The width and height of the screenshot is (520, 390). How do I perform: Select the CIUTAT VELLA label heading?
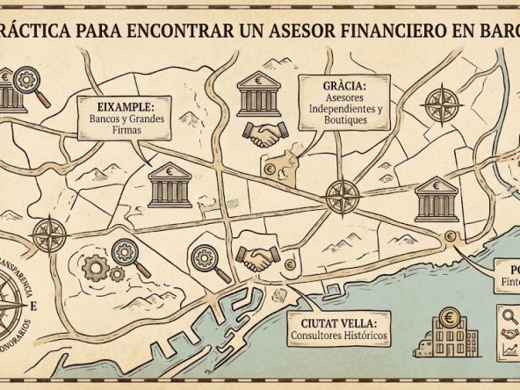(337, 322)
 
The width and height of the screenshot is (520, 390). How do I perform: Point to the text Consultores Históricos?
(337, 336)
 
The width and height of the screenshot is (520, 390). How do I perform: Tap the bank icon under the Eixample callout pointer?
(170, 185)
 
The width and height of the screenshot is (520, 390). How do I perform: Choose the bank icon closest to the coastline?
(436, 198)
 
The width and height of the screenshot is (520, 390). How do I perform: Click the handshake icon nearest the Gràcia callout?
(262, 134)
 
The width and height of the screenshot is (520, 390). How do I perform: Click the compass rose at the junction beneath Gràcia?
(340, 193)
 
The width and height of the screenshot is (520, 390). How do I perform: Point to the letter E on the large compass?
(33, 307)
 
